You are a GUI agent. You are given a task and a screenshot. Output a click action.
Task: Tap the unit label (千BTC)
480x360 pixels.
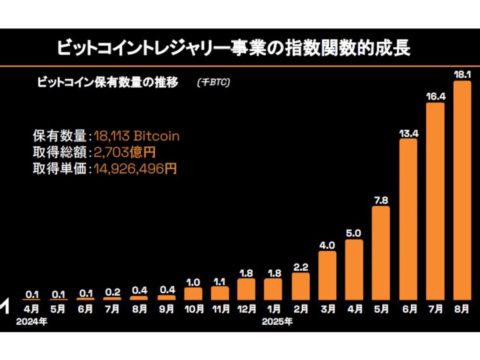[x=213, y=83]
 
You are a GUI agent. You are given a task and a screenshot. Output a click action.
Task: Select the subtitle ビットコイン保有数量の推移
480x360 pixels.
[x=108, y=83]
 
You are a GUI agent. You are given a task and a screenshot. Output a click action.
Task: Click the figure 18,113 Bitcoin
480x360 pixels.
[x=137, y=136]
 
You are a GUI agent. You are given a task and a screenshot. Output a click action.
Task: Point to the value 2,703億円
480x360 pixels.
[x=124, y=153]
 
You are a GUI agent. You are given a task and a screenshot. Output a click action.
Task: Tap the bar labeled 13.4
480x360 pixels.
[x=408, y=220]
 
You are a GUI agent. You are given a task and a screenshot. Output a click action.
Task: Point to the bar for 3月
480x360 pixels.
[x=327, y=276]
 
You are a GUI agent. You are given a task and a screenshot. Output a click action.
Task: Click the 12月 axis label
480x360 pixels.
[x=246, y=309]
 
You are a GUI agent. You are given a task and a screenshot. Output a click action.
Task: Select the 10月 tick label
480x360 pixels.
[x=193, y=309]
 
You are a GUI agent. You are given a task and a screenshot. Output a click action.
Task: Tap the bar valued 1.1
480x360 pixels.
[x=220, y=293]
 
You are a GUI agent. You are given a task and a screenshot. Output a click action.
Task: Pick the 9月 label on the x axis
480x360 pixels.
[x=166, y=309]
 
